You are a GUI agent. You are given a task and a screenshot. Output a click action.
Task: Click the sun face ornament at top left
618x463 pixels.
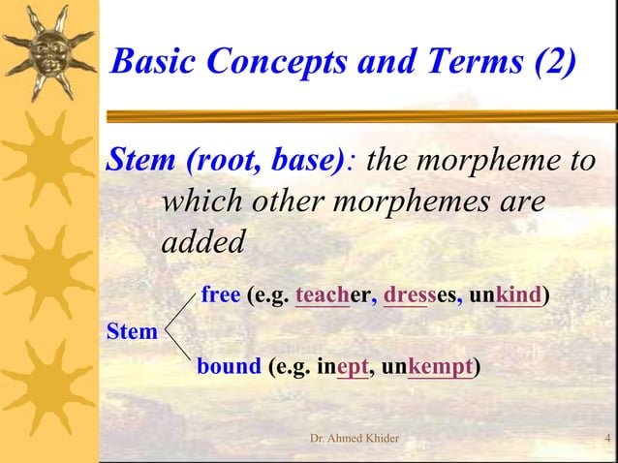[x=48, y=48]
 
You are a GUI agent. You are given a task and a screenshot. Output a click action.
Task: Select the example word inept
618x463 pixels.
[x=343, y=369]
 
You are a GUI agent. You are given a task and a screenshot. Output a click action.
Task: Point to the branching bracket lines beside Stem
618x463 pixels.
[x=180, y=332]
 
